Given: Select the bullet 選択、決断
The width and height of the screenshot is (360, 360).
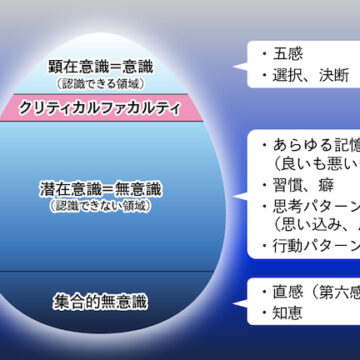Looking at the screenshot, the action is tap(306, 75).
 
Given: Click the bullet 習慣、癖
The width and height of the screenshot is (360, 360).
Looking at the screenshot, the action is tap(300, 185).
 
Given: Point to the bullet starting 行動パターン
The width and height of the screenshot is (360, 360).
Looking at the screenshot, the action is tap(315, 245).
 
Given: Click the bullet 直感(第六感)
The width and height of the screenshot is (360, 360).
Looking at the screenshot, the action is tap(315, 291).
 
